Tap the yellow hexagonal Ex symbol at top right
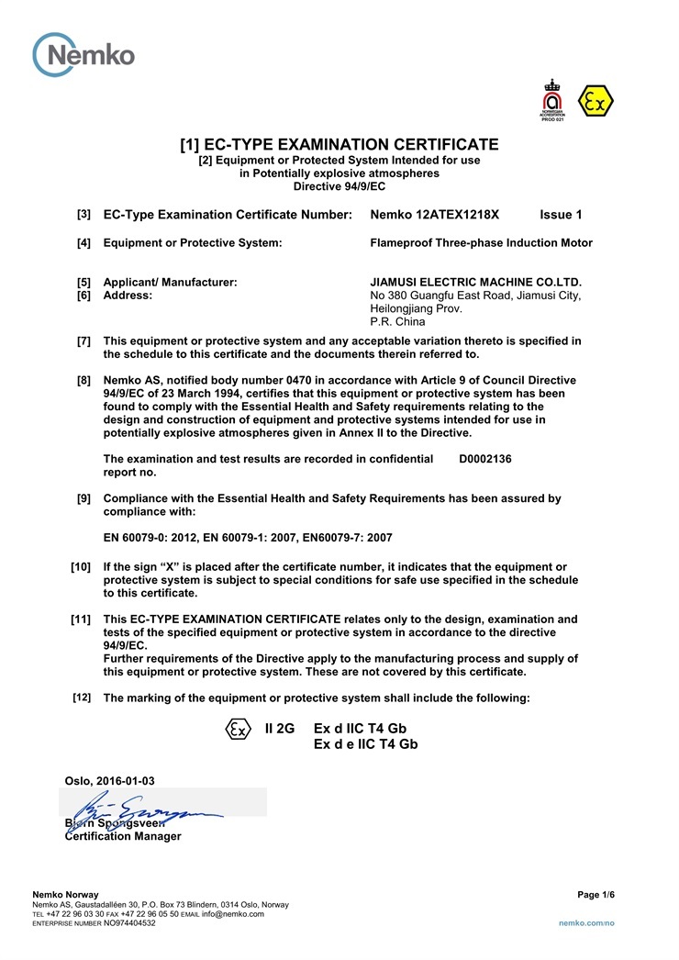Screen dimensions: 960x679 click(596, 102)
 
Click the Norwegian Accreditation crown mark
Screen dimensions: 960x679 click(551, 100)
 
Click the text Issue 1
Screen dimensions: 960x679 click(561, 215)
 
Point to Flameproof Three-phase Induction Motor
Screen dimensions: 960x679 click(481, 243)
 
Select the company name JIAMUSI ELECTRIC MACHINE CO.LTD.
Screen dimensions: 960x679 click(475, 282)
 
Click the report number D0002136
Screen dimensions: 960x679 click(484, 459)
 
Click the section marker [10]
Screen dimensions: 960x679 click(81, 567)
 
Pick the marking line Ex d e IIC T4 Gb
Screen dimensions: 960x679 click(365, 744)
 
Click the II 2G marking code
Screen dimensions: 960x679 click(279, 728)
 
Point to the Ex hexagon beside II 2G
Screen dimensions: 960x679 click(238, 729)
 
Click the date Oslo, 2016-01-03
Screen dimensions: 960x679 click(109, 781)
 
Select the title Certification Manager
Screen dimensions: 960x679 click(123, 836)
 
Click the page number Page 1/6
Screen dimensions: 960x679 click(596, 895)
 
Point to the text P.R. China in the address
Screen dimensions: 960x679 click(397, 322)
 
